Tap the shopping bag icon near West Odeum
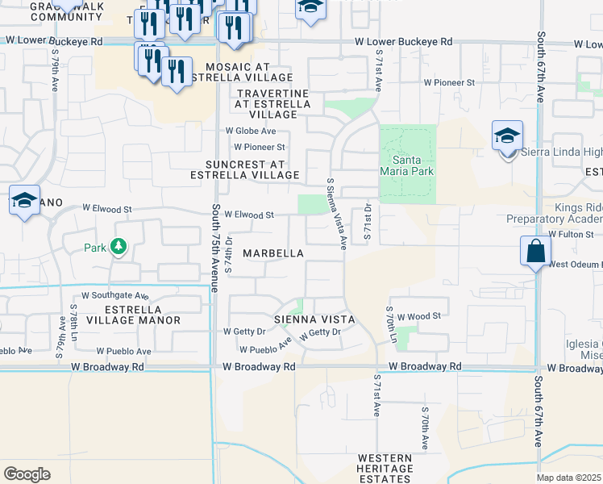535,252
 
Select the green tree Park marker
119,246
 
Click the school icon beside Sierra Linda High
507,137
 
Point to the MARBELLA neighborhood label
273,253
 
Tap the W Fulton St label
575,234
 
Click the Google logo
27,474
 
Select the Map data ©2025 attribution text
569,478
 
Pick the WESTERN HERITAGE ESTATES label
385,468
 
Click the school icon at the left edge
24,201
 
